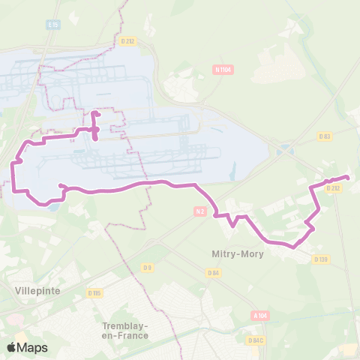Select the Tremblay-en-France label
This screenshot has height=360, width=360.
coord(125,330)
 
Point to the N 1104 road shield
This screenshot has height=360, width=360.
coord(223,70)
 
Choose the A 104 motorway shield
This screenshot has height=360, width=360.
coord(260,316)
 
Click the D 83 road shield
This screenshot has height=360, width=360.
coord(324,136)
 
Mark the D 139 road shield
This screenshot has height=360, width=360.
coord(321,259)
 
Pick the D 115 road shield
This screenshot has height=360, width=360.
coord(94,292)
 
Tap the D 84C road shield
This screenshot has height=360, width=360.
coord(256,340)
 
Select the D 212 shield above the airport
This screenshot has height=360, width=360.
coord(127,41)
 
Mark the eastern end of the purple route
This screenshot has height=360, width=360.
coord(347,177)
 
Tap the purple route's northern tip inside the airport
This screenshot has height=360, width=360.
coord(94,114)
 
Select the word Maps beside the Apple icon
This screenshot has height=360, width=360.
coord(33,347)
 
